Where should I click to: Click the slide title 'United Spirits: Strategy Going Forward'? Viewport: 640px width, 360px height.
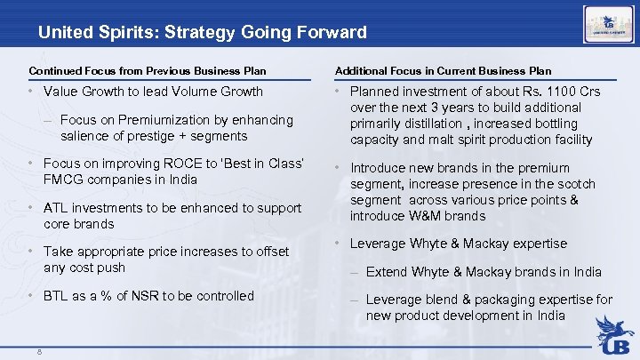coord(202,33)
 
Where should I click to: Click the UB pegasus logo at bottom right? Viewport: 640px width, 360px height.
coord(614,333)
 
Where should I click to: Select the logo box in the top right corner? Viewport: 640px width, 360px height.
coord(608,23)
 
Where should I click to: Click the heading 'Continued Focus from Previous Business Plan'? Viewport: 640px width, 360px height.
coord(147,70)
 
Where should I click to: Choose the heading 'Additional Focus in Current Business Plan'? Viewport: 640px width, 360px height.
coord(443,70)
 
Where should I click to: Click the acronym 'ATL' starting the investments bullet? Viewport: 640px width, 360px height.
coord(56,208)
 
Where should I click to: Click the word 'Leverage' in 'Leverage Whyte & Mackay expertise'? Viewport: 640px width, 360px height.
coord(377,244)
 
